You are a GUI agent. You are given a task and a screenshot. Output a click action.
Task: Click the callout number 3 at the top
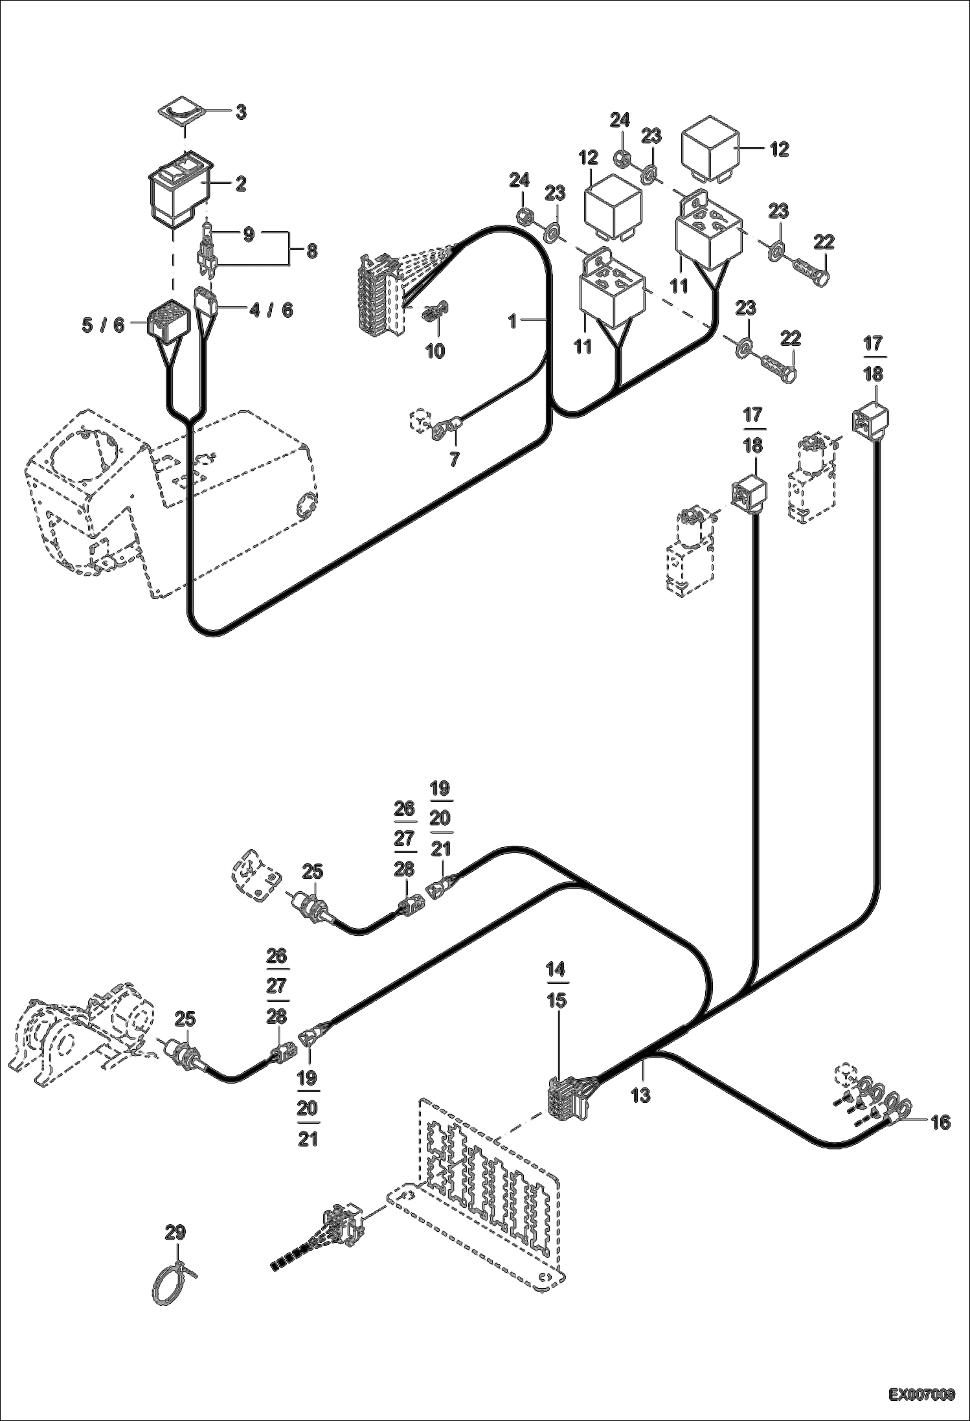(240, 113)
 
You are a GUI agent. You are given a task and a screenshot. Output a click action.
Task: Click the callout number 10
(435, 351)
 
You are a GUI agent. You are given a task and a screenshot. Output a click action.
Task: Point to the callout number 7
(454, 459)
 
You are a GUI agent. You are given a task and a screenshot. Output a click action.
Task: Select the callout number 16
(940, 1122)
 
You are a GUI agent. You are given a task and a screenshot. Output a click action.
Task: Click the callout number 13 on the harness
(640, 1095)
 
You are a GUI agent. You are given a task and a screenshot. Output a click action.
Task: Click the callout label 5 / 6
(103, 325)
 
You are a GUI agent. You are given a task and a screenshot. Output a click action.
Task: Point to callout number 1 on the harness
(513, 321)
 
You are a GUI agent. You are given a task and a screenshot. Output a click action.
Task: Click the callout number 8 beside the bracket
(311, 251)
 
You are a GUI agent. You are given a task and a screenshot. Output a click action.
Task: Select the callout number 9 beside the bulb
(248, 235)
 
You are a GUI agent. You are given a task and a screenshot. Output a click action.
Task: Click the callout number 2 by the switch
(240, 185)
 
